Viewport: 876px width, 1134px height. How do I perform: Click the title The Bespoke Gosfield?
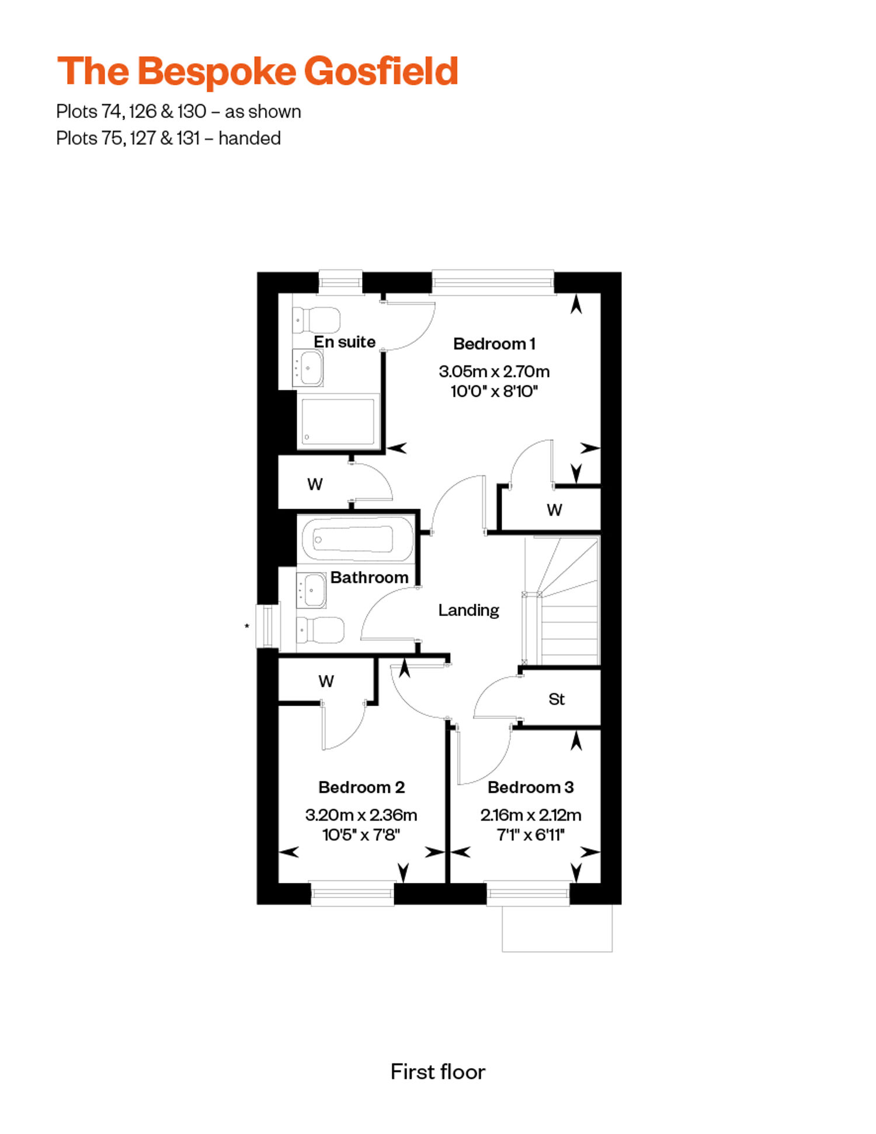coord(258,72)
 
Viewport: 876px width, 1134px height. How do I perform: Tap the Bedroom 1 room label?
coord(494,344)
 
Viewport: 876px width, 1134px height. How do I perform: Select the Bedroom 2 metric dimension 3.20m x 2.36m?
coord(361,815)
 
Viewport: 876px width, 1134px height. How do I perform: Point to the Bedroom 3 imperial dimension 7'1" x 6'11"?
coord(531,835)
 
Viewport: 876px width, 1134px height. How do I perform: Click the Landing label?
coord(469,610)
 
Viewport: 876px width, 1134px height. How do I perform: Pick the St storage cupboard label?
coord(557,699)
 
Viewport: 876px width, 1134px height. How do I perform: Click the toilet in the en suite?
coord(317,319)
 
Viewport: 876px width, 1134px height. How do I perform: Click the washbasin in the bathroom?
coord(311,590)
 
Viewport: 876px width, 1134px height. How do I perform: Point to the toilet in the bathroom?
coord(320,629)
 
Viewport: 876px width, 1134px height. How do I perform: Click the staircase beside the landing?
coord(561,601)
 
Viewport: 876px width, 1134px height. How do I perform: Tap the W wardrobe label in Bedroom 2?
coord(326,681)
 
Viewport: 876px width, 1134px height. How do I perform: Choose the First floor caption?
coord(438,1072)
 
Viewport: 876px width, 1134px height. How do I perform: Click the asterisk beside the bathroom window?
coord(247,627)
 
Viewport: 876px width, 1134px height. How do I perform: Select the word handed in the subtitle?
coord(249,138)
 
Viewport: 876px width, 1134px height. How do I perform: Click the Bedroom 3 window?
coord(528,893)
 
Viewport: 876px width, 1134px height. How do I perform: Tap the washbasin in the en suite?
coord(308,368)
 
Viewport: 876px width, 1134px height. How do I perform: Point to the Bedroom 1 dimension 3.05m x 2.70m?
coord(494,371)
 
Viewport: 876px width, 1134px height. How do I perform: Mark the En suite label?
coord(345,342)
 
